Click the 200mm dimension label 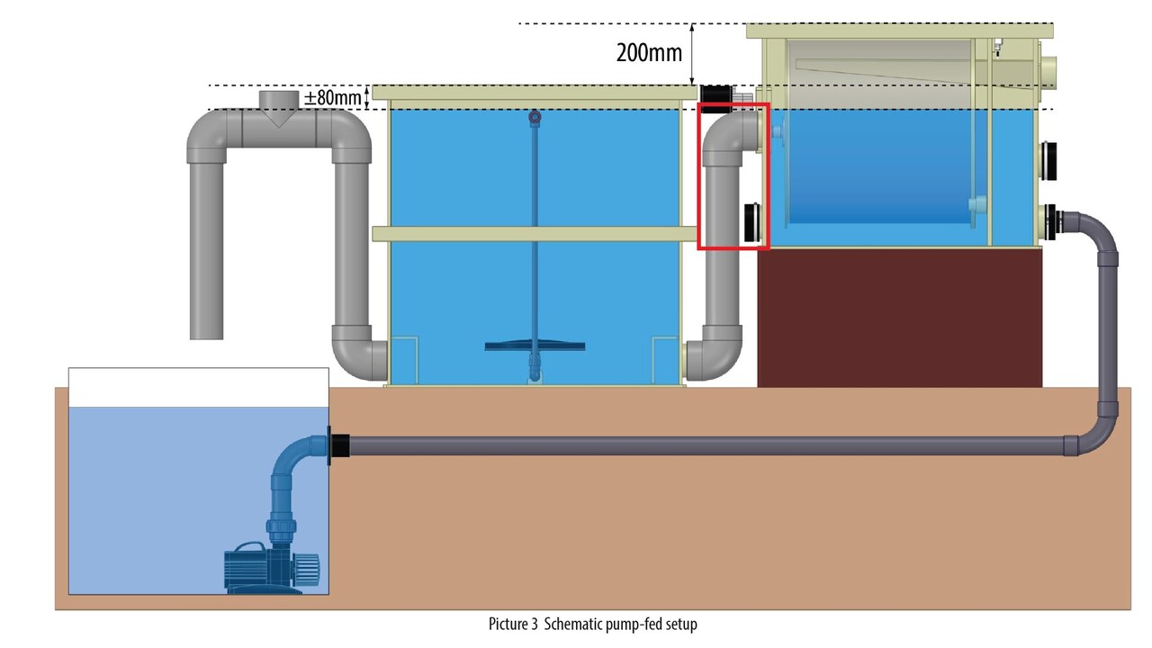[x=649, y=52]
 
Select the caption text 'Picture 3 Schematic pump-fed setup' [x=592, y=624]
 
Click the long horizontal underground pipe [x=702, y=446]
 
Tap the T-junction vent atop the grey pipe [x=278, y=108]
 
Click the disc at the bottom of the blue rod [x=535, y=345]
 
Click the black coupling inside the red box [x=751, y=223]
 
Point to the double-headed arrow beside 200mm [x=692, y=53]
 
